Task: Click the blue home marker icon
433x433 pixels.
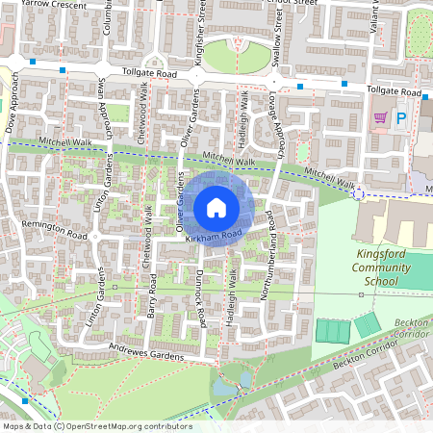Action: [216, 207]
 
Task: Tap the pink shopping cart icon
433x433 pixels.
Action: [380, 117]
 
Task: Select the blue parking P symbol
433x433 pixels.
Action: [402, 117]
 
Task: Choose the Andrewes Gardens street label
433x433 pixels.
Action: [145, 352]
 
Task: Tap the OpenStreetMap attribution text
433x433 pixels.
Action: [96, 425]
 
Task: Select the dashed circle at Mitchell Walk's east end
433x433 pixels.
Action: [359, 194]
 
